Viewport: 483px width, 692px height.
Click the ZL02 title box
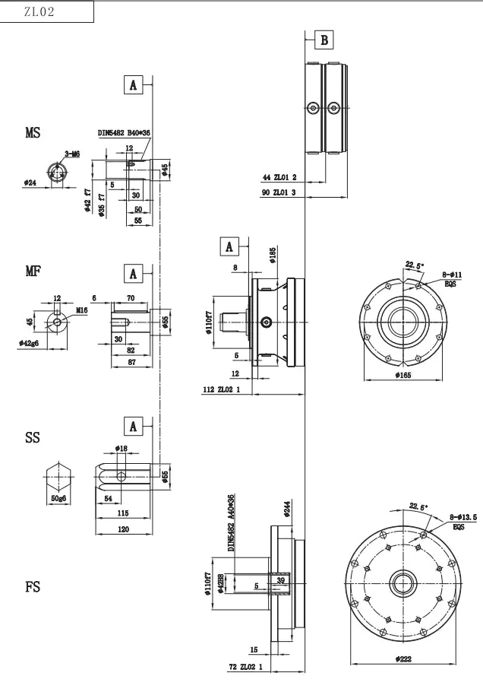tap(47, 12)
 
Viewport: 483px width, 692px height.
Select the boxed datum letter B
tap(324, 40)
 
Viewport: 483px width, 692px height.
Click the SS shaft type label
tap(32, 438)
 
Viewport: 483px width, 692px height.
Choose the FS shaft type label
tap(32, 587)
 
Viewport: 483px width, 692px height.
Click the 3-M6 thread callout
tap(72, 154)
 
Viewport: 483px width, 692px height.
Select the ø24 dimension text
tap(31, 183)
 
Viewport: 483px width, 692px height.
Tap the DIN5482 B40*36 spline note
tap(124, 133)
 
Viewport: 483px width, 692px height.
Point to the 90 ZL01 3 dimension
tap(279, 192)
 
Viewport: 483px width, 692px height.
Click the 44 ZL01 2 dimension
tap(279, 177)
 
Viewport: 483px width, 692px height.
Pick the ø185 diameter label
tap(272, 255)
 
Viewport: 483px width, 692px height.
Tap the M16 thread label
tap(82, 310)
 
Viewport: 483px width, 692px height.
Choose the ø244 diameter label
tap(287, 509)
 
